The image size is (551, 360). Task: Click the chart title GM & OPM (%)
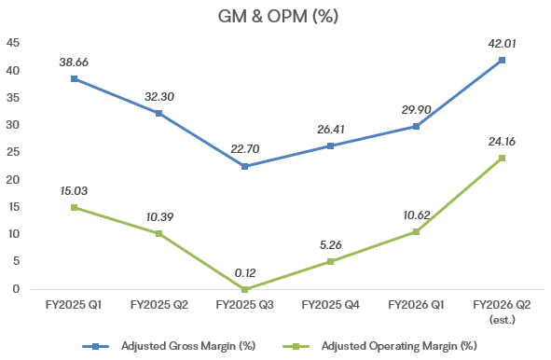pos(278,16)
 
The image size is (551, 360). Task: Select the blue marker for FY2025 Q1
pos(75,78)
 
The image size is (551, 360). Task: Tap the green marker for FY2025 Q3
pos(245,289)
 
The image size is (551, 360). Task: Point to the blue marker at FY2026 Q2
pos(502,60)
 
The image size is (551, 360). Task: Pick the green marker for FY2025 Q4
pos(330,261)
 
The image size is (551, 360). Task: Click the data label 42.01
pos(502,44)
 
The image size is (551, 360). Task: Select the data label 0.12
pos(245,273)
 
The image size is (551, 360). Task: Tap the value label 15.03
pos(74,191)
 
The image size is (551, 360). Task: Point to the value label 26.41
pos(331,130)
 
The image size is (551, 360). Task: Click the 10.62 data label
pos(417,215)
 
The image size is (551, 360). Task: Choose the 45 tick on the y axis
pos(13,43)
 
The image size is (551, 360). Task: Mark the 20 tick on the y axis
pos(13,180)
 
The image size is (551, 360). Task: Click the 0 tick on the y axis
pos(16,289)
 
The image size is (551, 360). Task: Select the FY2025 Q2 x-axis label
pos(159,304)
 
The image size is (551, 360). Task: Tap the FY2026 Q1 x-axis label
pos(416,304)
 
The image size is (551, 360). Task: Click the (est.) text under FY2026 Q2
pos(502,319)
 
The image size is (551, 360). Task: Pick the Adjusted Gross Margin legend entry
pos(169,346)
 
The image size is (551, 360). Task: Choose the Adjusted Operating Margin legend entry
pos(379,346)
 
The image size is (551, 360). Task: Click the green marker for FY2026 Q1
pos(416,231)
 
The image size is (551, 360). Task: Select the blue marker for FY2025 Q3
pos(245,166)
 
